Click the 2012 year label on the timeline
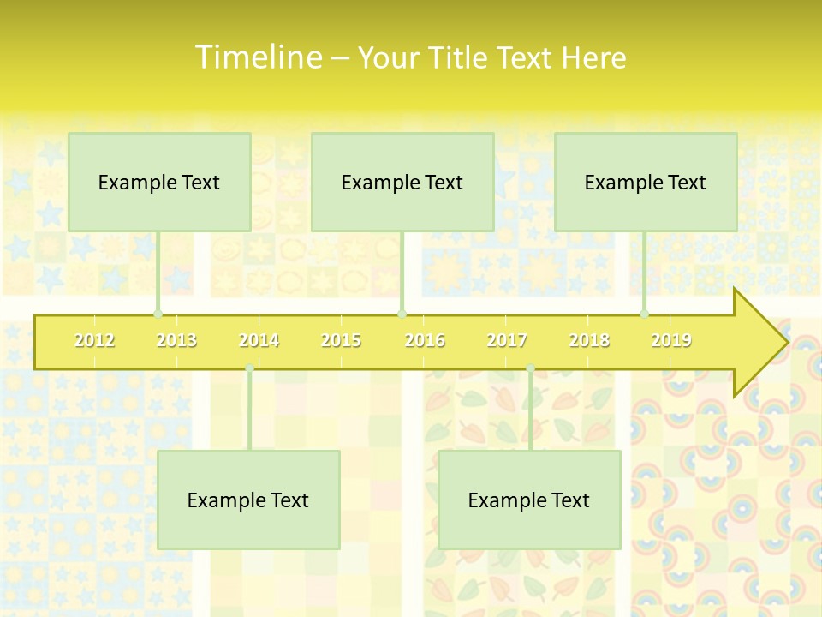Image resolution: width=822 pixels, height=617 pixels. pyautogui.click(x=94, y=340)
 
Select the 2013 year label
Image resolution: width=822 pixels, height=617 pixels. pyautogui.click(x=176, y=340)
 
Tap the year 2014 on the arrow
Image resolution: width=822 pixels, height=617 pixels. pyautogui.click(x=259, y=340)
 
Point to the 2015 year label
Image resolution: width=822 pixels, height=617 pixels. pyautogui.click(x=341, y=340)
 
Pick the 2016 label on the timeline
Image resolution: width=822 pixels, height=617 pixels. pyautogui.click(x=425, y=340)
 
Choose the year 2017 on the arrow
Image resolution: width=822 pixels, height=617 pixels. pyautogui.click(x=507, y=340)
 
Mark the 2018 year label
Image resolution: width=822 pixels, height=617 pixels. pyautogui.click(x=589, y=340)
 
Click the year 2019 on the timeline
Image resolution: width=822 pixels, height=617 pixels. pyautogui.click(x=671, y=340)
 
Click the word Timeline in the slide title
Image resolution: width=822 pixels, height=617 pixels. pyautogui.click(x=257, y=57)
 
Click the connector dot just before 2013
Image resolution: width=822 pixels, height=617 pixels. pyautogui.click(x=158, y=314)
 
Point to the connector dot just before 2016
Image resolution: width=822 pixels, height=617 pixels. pyautogui.click(x=402, y=314)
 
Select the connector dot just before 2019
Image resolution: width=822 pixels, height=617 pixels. pyautogui.click(x=645, y=314)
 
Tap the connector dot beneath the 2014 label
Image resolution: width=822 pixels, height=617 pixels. pyautogui.click(x=249, y=368)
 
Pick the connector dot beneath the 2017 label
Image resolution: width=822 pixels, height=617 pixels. pyautogui.click(x=530, y=368)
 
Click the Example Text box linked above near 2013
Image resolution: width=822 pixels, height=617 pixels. pyautogui.click(x=159, y=182)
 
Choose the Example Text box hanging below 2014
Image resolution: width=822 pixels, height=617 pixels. pyautogui.click(x=248, y=500)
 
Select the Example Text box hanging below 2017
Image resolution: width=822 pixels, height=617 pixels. pyautogui.click(x=529, y=500)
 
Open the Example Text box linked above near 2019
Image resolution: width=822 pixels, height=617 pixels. pyautogui.click(x=646, y=182)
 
